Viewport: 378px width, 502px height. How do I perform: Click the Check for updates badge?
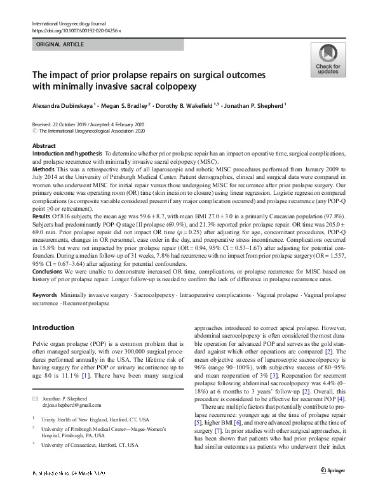tap(328, 61)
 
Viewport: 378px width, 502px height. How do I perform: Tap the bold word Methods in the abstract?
tap(43, 171)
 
